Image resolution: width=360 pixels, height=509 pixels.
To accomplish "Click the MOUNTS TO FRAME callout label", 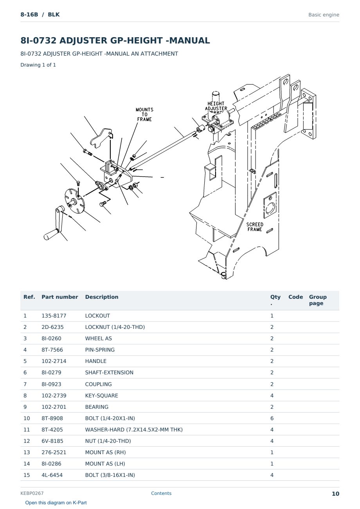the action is (x=144, y=114).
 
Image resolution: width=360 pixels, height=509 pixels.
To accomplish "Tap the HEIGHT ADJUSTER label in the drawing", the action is (x=216, y=106).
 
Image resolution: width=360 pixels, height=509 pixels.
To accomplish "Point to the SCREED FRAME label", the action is (x=255, y=227).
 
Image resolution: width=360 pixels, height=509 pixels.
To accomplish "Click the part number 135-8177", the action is (x=54, y=316).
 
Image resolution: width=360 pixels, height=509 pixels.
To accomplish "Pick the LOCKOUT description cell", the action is (x=97, y=316).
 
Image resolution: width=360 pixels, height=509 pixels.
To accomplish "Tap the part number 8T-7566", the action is (x=52, y=350).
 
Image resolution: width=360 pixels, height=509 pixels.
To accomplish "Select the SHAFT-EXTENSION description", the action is (x=109, y=372).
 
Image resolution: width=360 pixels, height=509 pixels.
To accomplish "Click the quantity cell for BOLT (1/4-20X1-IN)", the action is (x=272, y=418).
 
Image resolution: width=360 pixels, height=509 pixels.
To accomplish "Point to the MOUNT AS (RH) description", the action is (x=105, y=452).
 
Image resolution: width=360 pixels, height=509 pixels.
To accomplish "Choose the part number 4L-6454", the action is (x=52, y=475).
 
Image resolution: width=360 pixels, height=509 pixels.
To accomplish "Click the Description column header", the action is (x=102, y=297).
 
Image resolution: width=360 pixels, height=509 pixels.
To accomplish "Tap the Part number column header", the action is (x=60, y=297).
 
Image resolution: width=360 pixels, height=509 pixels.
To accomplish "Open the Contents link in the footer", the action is (x=161, y=493).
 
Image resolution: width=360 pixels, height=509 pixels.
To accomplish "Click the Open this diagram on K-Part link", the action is (x=56, y=503).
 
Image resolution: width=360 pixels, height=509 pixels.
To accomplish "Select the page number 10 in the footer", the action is (x=335, y=494).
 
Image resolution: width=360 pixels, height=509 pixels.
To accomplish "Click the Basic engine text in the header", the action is (x=324, y=15).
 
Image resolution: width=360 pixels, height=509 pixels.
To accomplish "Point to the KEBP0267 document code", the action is (x=32, y=493).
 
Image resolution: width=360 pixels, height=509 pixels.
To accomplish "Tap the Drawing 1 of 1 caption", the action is (x=38, y=65).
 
